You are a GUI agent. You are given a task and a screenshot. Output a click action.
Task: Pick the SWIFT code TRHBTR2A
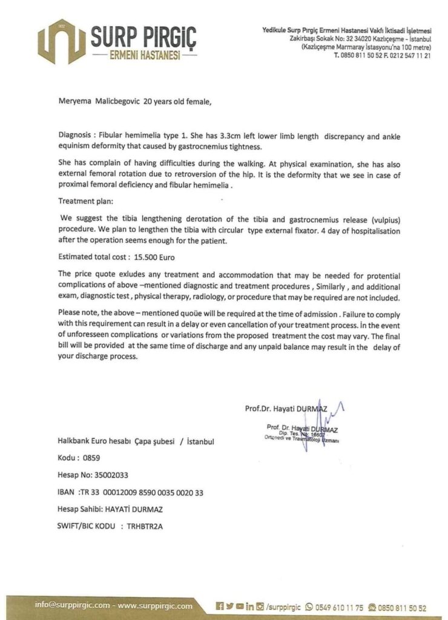pos(145,526)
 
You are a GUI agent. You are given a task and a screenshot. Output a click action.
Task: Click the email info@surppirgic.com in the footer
pos(73,605)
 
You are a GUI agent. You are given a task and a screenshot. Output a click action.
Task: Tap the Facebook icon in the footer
pos(220,605)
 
